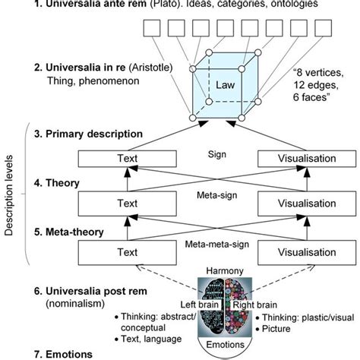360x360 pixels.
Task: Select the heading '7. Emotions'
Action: (50, 354)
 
